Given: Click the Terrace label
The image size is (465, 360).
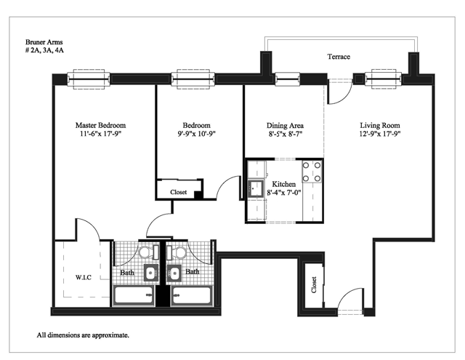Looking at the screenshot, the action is (339, 57).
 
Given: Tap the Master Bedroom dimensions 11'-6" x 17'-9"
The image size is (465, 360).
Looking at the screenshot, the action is (100, 134).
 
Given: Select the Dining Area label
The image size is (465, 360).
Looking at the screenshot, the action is (285, 126).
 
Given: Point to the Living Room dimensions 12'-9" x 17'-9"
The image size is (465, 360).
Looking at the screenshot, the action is (380, 134).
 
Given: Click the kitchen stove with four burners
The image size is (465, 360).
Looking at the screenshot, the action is (312, 172).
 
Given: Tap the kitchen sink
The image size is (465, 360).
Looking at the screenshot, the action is (256, 188).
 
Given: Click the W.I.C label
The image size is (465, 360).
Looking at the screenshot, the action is (84, 278).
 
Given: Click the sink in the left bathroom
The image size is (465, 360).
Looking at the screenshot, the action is (151, 273).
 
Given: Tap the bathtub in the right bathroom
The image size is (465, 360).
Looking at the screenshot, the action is (192, 295).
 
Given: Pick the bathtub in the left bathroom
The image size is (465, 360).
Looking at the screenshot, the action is (134, 295).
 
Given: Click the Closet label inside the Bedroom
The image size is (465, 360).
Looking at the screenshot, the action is (179, 192).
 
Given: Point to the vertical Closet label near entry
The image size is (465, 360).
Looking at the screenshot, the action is (314, 285).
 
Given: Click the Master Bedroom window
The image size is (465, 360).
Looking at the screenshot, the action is (89, 79).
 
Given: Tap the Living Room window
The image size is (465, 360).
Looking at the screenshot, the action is (384, 79).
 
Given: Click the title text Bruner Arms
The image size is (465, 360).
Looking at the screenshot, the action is (44, 42).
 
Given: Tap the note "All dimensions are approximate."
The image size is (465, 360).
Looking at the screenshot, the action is (83, 335).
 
